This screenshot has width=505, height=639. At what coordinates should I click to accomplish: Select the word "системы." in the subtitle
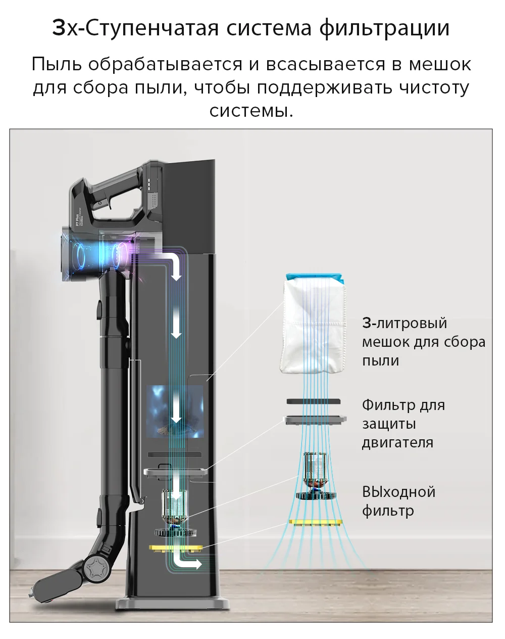click(251, 110)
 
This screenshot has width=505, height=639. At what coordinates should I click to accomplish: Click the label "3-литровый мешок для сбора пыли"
click(423, 342)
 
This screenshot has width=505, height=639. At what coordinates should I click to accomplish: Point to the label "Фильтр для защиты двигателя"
click(403, 424)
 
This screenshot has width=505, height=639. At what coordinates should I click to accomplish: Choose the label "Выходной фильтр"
click(398, 501)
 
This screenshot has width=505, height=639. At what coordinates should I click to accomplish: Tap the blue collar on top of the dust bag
click(315, 278)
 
